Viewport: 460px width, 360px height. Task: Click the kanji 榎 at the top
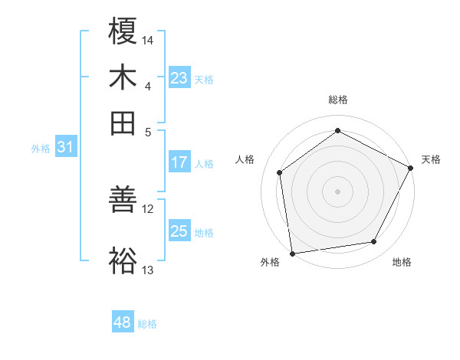[123, 31]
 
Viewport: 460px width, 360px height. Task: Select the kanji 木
[123, 77]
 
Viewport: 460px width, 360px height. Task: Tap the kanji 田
[123, 123]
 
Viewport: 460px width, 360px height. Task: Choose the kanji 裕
[123, 260]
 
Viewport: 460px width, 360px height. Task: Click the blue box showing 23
[179, 77]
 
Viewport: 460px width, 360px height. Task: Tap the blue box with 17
[179, 162]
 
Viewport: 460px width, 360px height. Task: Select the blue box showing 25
[179, 231]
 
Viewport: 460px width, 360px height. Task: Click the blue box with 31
[64, 148]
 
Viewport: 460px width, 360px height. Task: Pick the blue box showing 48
[122, 322]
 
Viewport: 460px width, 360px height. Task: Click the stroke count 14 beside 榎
[148, 39]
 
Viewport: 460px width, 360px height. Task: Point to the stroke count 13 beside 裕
[148, 270]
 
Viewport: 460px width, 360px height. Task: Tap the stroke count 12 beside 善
[148, 208]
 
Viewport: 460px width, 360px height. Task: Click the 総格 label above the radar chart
[338, 100]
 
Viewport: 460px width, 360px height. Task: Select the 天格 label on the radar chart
[431, 159]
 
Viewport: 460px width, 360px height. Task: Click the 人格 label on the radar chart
[245, 159]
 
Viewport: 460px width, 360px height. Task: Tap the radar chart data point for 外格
[291, 253]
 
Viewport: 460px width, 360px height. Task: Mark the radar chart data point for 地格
[374, 242]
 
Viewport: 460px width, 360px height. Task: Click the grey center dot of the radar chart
[338, 191]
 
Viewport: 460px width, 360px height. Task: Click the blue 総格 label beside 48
[147, 324]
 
